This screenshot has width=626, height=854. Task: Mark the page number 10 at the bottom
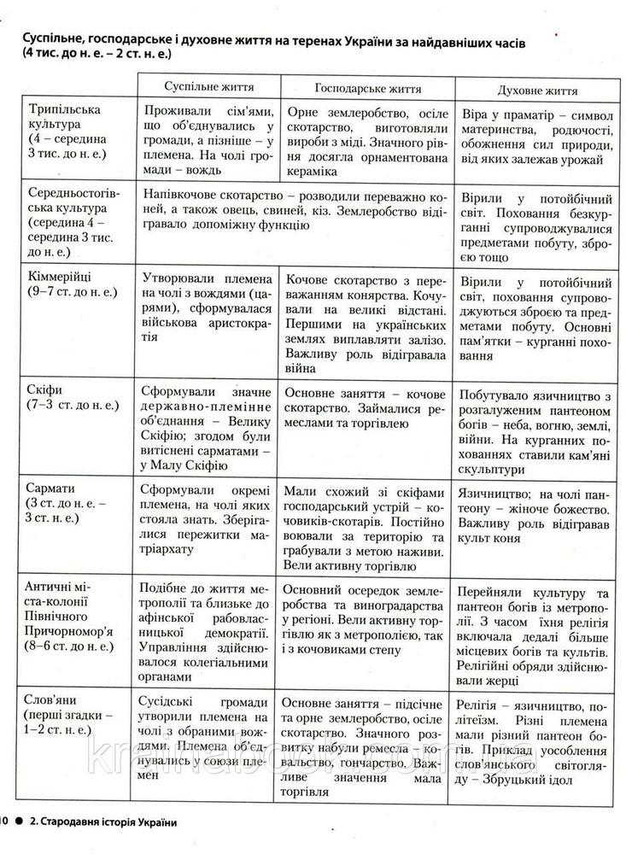point(4,822)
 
